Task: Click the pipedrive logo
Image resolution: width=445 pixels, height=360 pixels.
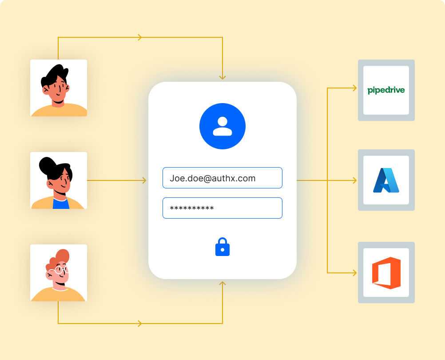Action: (386, 90)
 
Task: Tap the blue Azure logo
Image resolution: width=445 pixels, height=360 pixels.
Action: (386, 180)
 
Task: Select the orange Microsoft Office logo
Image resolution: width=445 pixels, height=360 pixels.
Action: (386, 273)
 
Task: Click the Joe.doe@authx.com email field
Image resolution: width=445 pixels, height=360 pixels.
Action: (222, 178)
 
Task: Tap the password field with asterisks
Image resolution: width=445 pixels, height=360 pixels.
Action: (222, 208)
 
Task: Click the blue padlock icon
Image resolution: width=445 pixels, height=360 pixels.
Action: (222, 248)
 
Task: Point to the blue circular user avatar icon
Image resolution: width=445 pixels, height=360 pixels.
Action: (222, 126)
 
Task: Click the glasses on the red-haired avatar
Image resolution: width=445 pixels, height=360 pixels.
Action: (59, 270)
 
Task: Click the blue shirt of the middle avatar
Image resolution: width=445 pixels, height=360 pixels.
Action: (60, 204)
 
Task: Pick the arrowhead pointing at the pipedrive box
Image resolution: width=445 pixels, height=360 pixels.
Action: (354, 88)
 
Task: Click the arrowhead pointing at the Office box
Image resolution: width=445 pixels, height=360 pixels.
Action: (354, 272)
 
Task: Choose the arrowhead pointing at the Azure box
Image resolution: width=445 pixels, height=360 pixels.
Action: (354, 180)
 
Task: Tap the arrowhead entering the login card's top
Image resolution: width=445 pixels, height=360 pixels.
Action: (222, 77)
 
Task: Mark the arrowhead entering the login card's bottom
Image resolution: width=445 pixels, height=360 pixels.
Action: (222, 284)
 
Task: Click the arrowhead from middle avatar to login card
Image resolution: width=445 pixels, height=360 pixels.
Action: (143, 180)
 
